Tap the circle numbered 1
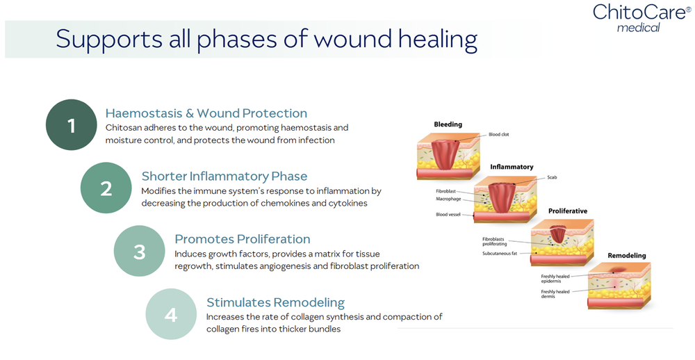(71, 125)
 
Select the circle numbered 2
(106, 188)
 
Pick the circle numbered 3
(139, 251)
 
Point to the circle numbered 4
(171, 314)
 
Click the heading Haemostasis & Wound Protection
(206, 113)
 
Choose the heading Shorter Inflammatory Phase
(224, 176)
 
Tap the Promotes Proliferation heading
(243, 239)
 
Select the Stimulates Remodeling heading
(275, 302)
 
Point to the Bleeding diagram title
(448, 125)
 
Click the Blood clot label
(498, 134)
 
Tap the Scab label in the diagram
(552, 177)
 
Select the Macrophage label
(448, 199)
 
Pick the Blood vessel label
(448, 215)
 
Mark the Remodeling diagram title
(626, 256)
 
